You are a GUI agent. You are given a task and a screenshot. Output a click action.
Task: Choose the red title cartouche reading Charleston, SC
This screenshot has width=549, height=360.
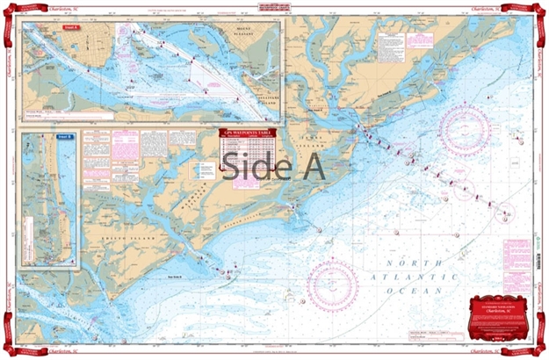[x=500, y=311]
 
